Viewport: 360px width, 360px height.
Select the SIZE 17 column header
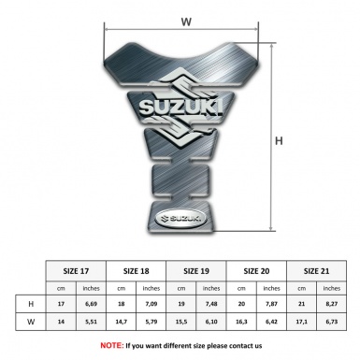pos(77,269)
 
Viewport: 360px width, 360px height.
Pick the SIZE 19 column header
pos(196,269)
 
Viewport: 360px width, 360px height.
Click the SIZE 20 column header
pos(256,269)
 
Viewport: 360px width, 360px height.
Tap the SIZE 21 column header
pos(316,269)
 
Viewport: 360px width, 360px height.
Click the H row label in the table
pos(31,304)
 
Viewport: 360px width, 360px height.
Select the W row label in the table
pos(31,323)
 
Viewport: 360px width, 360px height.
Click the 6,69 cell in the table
pos(92,304)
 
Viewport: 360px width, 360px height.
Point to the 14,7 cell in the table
pos(122,323)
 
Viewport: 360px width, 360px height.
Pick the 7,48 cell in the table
pos(211,304)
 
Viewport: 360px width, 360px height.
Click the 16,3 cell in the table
pos(241,323)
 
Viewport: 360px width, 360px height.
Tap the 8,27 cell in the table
pos(331,304)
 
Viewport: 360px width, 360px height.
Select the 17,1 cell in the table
pos(301,323)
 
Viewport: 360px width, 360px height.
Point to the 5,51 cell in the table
pos(92,323)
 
